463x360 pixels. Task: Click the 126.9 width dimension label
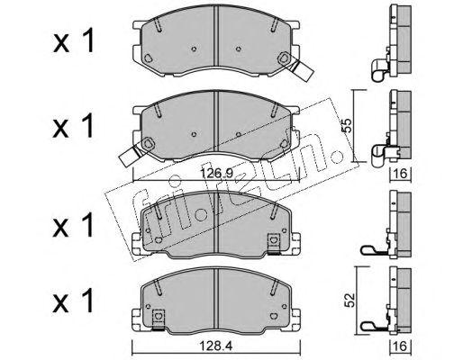[x=217, y=174]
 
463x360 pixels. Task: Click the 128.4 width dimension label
[x=217, y=346]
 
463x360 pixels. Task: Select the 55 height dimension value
[x=347, y=126]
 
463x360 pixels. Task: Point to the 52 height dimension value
[x=350, y=300]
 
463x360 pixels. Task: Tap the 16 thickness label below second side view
[x=401, y=174]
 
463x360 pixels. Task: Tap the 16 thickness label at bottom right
[x=401, y=346]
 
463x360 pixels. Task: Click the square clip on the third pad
[x=273, y=242]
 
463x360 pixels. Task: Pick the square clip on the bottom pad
[x=159, y=319]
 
